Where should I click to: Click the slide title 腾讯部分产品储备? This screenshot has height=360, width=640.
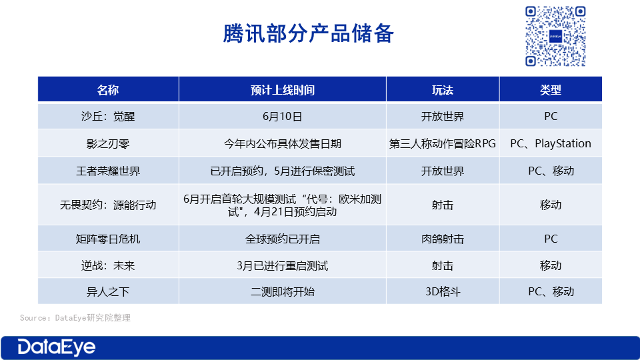click(308, 33)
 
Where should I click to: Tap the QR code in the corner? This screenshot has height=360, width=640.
click(555, 36)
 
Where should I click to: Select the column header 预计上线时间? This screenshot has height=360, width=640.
click(283, 90)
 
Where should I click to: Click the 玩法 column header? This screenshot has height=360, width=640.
click(443, 90)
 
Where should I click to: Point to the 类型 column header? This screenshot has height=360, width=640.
click(551, 90)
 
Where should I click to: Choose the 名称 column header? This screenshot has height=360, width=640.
click(108, 90)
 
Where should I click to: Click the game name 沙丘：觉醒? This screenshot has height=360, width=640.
click(108, 116)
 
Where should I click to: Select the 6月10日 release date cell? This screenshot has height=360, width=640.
click(283, 116)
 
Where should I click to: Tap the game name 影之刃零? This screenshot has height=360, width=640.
click(108, 144)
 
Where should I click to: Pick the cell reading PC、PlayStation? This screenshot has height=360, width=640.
click(551, 144)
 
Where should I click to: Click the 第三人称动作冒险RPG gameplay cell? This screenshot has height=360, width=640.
click(443, 144)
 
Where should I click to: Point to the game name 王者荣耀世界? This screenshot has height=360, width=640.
click(108, 171)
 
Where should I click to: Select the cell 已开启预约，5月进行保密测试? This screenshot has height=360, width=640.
click(283, 171)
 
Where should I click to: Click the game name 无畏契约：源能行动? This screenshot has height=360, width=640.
click(108, 205)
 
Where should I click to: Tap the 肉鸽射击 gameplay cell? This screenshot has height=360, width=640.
click(443, 239)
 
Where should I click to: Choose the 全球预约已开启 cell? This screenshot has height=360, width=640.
click(283, 239)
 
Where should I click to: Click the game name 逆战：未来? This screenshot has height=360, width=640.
click(108, 266)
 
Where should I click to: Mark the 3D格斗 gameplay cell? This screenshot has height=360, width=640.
click(443, 292)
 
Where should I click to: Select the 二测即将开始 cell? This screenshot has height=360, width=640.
click(283, 292)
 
